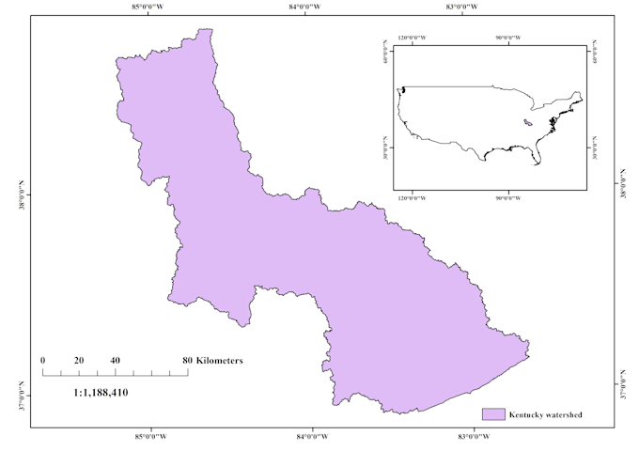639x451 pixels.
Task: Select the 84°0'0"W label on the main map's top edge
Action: pos(310,7)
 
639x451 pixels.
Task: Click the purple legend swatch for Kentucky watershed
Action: pos(494,414)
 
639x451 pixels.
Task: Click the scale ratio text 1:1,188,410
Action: pos(101,392)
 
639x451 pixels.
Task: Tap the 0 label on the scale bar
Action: pos(43,360)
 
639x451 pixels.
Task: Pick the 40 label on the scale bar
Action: pos(115,360)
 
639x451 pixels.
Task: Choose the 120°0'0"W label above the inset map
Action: pos(412,39)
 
